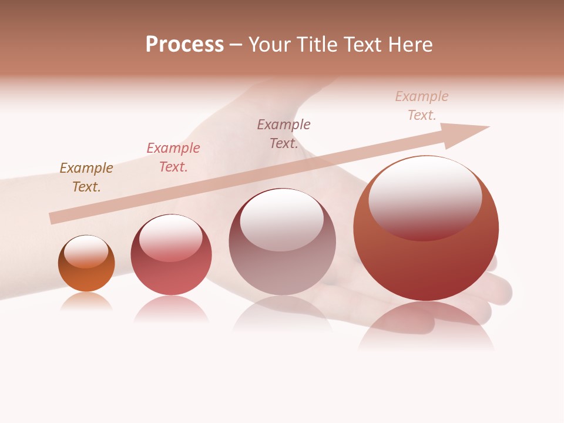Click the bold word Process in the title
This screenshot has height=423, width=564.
click(184, 45)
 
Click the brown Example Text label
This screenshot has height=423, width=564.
click(86, 177)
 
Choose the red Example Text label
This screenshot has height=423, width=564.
click(173, 157)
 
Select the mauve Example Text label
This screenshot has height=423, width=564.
click(284, 133)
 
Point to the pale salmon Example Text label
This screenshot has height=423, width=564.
click(422, 106)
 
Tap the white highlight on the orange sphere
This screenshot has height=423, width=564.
click(86, 251)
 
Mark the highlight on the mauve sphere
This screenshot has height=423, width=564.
click(282, 220)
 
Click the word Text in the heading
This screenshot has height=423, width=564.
click(364, 45)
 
